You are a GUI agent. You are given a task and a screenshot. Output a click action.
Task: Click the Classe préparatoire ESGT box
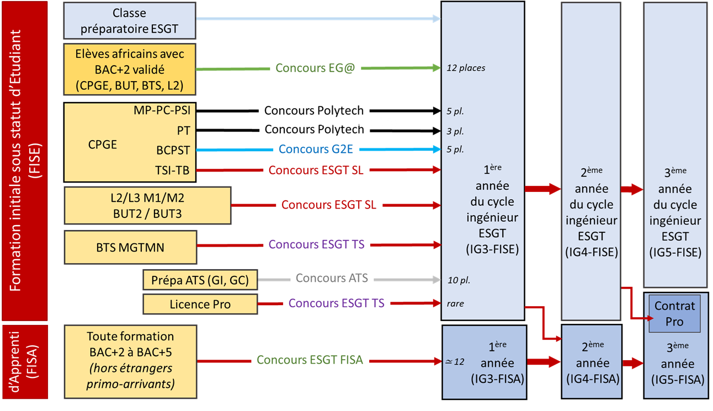click(130, 20)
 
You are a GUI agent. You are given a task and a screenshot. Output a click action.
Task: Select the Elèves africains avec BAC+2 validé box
click(130, 70)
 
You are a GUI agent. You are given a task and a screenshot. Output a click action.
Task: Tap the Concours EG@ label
click(312, 68)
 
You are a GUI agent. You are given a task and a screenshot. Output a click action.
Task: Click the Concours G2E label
click(316, 149)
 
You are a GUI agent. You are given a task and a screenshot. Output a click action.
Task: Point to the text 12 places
click(466, 68)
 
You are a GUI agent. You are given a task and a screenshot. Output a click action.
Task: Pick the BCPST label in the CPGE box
click(173, 150)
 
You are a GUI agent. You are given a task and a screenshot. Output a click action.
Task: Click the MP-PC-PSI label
click(162, 110)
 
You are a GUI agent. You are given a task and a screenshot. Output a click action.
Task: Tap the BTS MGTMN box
click(130, 247)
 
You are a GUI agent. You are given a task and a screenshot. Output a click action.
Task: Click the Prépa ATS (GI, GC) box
click(200, 280)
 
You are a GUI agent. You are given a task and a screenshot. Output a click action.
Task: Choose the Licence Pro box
click(200, 304)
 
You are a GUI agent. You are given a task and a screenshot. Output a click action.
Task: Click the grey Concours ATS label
click(331, 278)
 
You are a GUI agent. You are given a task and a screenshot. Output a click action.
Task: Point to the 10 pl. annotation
click(459, 280)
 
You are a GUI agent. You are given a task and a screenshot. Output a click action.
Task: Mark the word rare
click(455, 303)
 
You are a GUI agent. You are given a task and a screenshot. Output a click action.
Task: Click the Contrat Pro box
click(674, 313)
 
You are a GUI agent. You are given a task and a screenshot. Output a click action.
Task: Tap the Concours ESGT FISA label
click(310, 360)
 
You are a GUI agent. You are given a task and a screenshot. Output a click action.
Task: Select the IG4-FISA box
click(591, 362)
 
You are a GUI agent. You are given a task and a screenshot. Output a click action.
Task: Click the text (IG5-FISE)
click(675, 252)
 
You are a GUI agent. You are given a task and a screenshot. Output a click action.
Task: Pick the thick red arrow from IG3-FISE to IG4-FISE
click(542, 189)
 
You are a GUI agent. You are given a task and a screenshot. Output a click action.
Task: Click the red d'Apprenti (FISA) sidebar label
click(24, 361)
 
